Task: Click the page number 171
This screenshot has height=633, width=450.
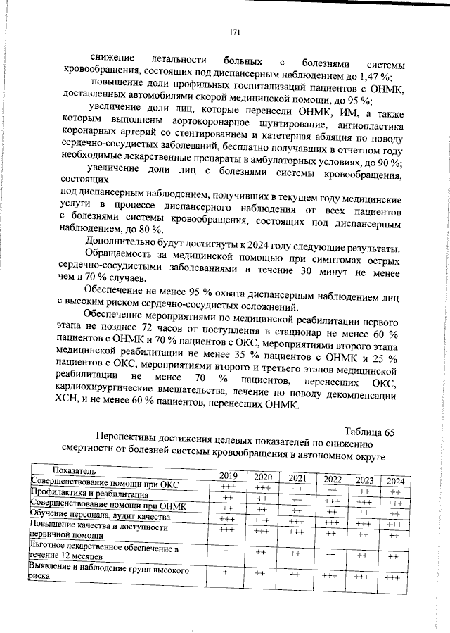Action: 236,32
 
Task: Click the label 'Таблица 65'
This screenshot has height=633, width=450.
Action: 369,432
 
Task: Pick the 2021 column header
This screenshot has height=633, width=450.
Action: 296,478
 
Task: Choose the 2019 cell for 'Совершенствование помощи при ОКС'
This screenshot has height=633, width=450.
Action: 228,487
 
